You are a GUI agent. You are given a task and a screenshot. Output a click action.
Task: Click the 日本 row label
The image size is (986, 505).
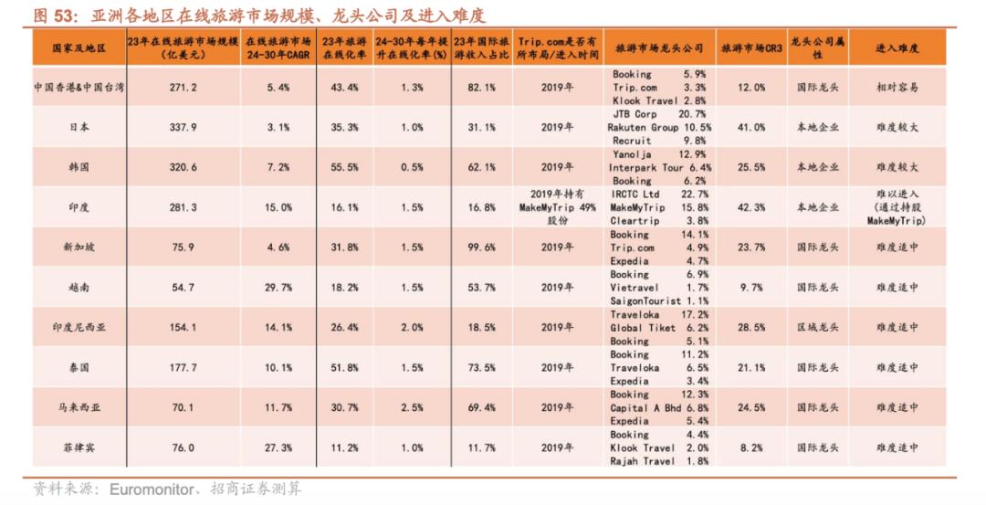pos(79,128)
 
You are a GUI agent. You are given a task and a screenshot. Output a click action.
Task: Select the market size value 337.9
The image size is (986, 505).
pos(184,128)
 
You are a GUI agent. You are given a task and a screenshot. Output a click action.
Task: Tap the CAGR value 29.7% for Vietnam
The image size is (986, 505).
pos(278,288)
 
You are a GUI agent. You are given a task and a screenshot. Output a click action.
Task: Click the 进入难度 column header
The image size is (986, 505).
pos(897,47)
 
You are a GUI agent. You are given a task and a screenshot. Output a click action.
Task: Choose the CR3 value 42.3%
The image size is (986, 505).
pos(750,207)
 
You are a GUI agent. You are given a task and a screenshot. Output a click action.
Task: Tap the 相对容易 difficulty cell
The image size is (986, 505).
pos(897,88)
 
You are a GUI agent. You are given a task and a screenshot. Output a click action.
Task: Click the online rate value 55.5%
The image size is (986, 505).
pos(345,168)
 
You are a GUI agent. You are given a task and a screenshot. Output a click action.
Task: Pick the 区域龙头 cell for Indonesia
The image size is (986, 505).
pos(815,328)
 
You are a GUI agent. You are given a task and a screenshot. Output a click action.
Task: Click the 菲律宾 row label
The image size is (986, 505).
pos(79,447)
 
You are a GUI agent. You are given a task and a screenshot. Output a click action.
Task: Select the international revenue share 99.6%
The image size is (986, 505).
pos(481,247)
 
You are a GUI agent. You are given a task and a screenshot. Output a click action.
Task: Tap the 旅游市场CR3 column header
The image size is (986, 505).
pos(750,47)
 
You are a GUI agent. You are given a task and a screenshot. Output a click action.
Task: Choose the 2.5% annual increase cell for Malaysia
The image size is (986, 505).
pos(412,407)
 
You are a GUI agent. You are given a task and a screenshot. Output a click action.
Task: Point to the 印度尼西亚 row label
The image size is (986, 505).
pos(79,328)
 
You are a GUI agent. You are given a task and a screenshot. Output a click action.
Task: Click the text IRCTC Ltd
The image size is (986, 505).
pos(635,195)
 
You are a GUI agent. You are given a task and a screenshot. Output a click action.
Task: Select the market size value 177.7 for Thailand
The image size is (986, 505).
pos(184,368)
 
